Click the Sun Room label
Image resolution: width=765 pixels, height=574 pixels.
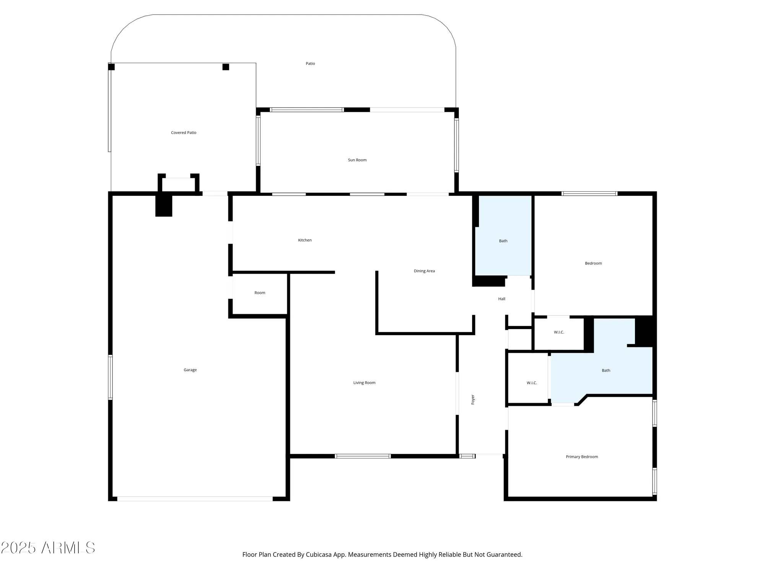357,160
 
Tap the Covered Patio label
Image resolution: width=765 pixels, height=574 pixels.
184,133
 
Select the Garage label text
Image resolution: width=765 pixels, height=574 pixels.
190,370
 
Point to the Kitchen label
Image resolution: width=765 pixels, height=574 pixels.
305,240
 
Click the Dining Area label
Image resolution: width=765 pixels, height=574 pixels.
424,271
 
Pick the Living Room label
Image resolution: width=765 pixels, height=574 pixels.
364,383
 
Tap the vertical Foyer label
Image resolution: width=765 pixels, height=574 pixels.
473,400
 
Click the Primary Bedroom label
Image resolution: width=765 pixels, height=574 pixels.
582,457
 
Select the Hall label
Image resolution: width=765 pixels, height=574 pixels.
501,299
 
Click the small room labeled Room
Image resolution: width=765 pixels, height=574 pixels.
260,293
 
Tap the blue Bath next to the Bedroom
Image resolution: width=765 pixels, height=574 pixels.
503,241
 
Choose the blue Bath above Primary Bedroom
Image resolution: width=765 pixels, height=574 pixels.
606,370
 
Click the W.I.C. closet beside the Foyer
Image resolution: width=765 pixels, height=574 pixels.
532,383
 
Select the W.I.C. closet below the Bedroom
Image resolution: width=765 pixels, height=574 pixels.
559,332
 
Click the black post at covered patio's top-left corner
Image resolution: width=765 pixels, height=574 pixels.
111,67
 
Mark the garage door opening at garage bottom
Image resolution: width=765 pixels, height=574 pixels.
195,499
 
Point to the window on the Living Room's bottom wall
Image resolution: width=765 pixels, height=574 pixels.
363,456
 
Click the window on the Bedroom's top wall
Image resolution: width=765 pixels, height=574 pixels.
589,194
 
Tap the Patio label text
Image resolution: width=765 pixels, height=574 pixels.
310,64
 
